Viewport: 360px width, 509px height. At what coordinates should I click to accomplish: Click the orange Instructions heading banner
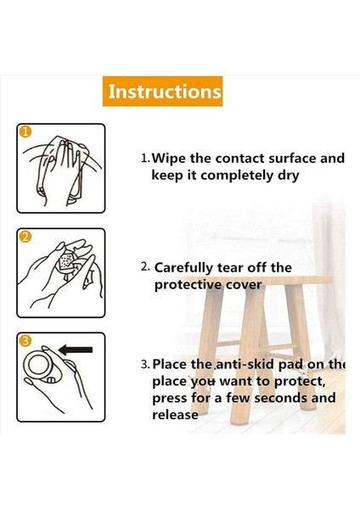(x=163, y=92)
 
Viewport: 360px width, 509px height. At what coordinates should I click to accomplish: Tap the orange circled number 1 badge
(x=26, y=132)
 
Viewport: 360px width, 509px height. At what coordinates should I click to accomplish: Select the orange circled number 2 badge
(x=26, y=237)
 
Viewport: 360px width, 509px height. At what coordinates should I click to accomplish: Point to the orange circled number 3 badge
(x=26, y=341)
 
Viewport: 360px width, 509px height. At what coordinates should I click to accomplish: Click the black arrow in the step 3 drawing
(x=76, y=350)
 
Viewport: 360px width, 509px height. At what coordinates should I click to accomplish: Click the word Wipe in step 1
(x=169, y=159)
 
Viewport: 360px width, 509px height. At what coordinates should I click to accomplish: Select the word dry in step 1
(x=288, y=176)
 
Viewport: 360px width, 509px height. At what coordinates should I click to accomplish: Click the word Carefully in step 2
(x=183, y=268)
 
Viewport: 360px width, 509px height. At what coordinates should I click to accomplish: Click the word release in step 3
(x=175, y=415)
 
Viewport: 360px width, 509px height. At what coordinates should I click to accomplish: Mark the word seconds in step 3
(x=281, y=398)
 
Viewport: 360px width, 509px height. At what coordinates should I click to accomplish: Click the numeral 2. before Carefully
(x=145, y=267)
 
